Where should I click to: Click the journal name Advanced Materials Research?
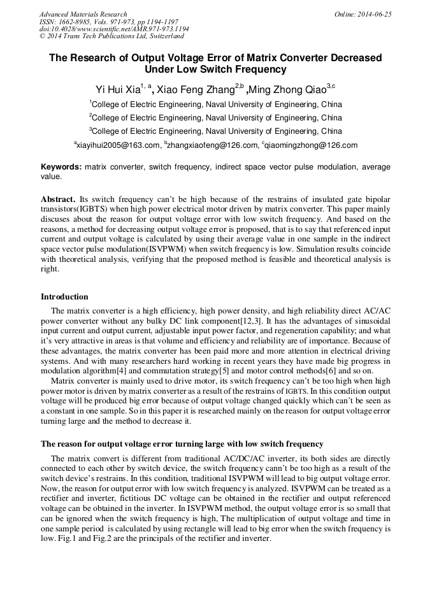[83, 14]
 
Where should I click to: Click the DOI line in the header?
[114, 29]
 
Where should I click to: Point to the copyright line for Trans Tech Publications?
[112, 36]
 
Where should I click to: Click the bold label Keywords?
[61, 167]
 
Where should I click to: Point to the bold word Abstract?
[58, 199]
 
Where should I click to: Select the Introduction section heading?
[64, 297]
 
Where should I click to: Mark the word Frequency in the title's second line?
[262, 69]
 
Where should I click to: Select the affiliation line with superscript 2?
[215, 118]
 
